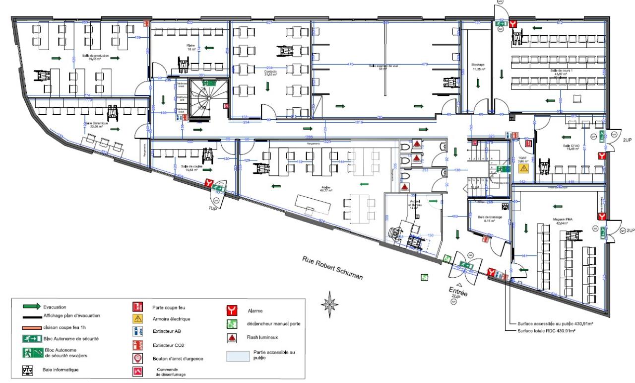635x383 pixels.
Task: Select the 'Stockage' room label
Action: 478,65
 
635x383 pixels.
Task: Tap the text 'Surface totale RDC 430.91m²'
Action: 545,330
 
